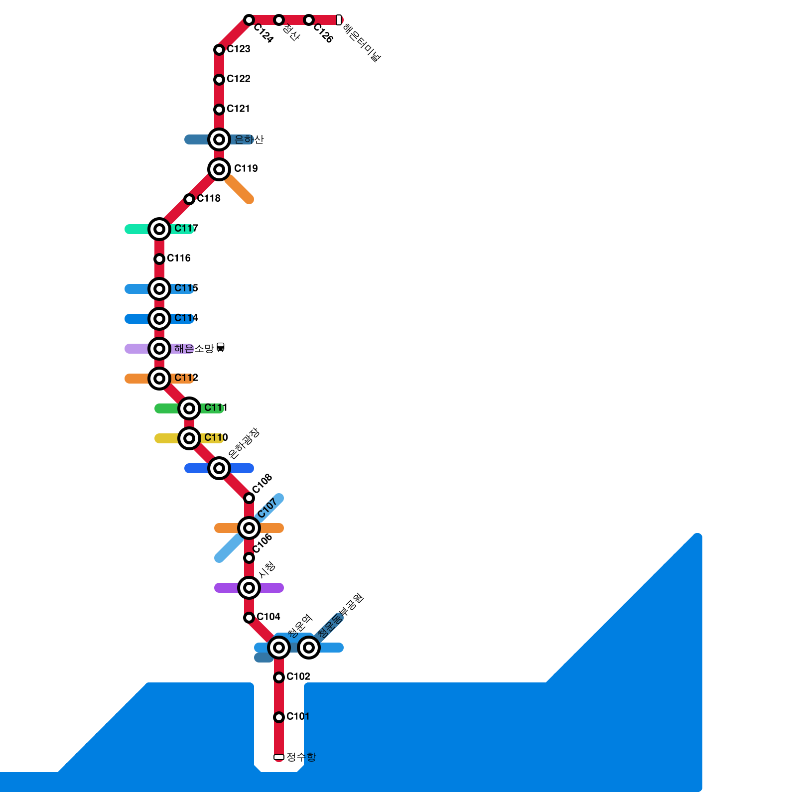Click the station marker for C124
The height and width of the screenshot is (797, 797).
[x=249, y=20]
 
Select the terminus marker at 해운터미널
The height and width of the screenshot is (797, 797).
[x=339, y=20]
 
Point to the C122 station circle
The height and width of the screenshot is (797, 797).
[x=219, y=80]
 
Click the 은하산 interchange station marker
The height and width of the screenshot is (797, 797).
[x=219, y=139]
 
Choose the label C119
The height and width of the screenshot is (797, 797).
[x=246, y=168]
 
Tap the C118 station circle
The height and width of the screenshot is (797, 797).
[x=189, y=199]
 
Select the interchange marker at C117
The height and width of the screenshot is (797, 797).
[x=159, y=229]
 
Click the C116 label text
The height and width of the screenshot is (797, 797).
[x=178, y=258]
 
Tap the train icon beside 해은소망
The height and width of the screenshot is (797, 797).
[x=221, y=348]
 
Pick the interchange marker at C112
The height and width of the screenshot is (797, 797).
[x=159, y=379]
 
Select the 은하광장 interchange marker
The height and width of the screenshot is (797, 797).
[x=219, y=468]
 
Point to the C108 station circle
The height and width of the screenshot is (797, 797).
[x=249, y=498]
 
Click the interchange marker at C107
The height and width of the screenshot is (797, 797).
[x=249, y=528]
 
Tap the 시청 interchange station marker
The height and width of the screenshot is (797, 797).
[x=249, y=588]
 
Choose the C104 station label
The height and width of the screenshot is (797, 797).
[x=268, y=617]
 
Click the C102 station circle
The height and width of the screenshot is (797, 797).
[x=279, y=677]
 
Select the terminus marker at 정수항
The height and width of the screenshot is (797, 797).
[x=279, y=757]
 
